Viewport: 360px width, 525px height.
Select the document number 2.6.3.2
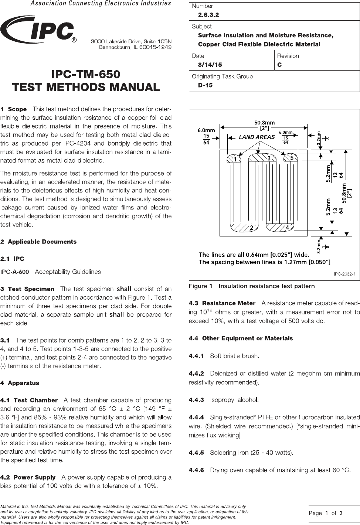click(208, 15)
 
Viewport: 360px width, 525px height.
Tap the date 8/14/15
click(210, 65)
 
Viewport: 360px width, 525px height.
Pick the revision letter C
click(279, 65)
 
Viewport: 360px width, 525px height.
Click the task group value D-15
click(205, 85)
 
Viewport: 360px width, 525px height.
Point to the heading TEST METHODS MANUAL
click(86, 87)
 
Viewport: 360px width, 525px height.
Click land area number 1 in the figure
click(234, 159)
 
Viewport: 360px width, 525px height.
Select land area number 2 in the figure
click(251, 228)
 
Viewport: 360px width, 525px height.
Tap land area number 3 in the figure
click(269, 158)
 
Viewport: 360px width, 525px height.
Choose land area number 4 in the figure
click(287, 228)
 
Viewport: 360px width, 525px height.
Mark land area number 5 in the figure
click(292, 158)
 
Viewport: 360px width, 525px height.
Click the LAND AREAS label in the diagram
click(257, 137)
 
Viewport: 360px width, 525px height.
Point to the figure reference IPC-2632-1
click(344, 274)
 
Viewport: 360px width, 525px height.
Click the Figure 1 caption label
click(201, 286)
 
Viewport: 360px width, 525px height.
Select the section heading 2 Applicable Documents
click(38, 242)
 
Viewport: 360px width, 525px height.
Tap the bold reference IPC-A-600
click(15, 272)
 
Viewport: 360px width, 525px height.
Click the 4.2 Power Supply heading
click(28, 477)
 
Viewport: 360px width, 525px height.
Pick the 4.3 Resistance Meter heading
click(222, 303)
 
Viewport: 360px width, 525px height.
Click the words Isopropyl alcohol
click(234, 400)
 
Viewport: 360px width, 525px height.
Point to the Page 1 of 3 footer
click(326, 513)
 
